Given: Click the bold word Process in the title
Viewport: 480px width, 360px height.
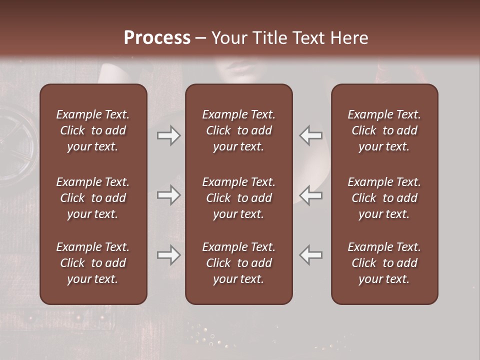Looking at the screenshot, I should tap(157, 38).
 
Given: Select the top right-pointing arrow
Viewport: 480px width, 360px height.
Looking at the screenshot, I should tap(169, 135).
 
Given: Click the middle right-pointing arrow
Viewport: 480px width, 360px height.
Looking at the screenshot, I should tap(169, 195).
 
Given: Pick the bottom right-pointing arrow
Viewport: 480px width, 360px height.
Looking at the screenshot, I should tap(169, 255).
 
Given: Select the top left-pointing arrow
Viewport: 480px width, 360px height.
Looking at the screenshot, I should tap(311, 135).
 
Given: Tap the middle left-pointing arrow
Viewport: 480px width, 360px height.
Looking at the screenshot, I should tap(311, 195).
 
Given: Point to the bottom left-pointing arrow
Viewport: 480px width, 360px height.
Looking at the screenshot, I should tap(311, 255).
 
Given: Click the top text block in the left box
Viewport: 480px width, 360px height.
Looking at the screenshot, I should tap(93, 130).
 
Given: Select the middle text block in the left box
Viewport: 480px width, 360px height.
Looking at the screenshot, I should tap(93, 198).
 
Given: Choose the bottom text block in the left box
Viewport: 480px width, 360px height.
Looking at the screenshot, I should tap(93, 263).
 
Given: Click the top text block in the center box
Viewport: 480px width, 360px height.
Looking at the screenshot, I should tap(238, 130).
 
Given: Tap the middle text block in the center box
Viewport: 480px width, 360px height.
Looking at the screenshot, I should tap(238, 198).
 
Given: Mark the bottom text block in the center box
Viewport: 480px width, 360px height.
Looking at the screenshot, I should tap(238, 263).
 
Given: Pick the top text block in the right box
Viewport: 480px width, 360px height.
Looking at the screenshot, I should tap(384, 130).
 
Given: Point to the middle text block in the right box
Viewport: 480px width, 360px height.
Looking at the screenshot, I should tap(384, 198).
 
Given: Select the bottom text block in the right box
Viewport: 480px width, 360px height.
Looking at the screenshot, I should tap(384, 263).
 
